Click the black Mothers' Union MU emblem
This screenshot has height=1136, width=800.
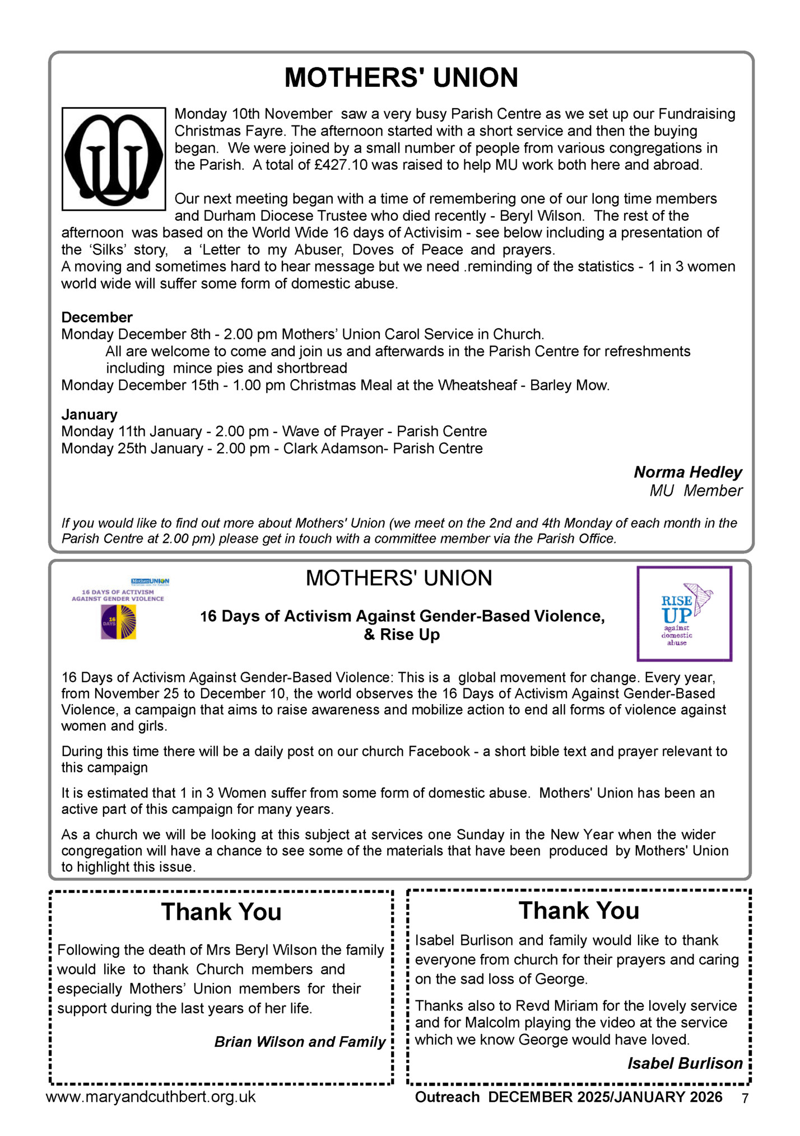[x=114, y=159]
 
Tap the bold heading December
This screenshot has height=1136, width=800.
[x=97, y=318]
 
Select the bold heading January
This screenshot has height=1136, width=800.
[x=90, y=415]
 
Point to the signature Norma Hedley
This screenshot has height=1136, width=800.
[x=687, y=472]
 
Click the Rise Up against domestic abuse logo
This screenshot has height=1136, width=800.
[x=684, y=614]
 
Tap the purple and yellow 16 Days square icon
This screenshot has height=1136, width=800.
[x=118, y=622]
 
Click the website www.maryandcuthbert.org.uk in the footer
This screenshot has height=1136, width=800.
[x=151, y=1097]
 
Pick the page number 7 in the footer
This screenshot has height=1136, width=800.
[x=745, y=1098]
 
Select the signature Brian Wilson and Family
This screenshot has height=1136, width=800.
[x=300, y=1042]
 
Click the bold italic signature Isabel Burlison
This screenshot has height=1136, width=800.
[x=685, y=1063]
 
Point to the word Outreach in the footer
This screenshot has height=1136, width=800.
[x=447, y=1097]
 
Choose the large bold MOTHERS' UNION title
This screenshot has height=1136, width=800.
[x=401, y=77]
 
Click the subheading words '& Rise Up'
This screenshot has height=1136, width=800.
[x=402, y=635]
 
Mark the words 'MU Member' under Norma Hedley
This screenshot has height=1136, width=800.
[x=695, y=491]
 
